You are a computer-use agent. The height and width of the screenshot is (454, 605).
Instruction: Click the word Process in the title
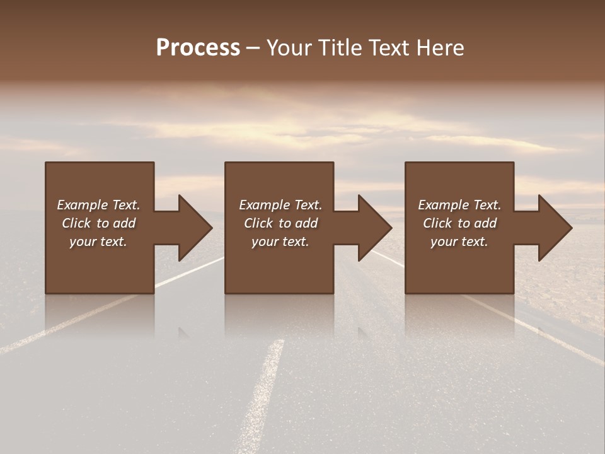coord(198,48)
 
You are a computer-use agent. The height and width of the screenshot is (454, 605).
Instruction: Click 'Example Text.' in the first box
coord(98,205)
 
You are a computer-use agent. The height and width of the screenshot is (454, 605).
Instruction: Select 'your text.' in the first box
coord(98,242)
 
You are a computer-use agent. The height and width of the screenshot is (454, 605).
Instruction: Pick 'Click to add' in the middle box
coord(280,223)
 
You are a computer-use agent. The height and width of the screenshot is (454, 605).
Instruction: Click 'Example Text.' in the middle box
coord(280,205)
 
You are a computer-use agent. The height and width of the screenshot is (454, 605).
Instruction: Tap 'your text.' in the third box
coord(459,242)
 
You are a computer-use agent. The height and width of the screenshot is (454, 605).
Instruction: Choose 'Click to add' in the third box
coord(459,223)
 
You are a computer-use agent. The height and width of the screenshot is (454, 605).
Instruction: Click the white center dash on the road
coord(265,391)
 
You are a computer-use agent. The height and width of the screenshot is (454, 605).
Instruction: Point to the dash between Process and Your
coord(253,48)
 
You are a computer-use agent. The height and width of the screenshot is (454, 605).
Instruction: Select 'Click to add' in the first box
coord(98,223)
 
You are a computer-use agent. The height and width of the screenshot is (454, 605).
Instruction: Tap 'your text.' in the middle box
coord(280,242)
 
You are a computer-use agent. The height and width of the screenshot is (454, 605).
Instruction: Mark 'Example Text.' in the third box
coord(459,205)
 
